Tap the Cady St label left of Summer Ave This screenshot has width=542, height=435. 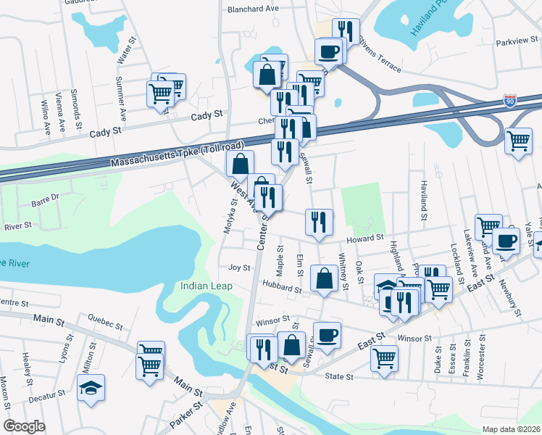(104, 133)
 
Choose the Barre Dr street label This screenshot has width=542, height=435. (46, 196)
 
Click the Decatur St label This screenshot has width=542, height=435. (47, 397)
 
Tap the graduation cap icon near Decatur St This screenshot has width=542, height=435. (91, 389)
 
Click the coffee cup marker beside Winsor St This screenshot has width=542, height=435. (328, 335)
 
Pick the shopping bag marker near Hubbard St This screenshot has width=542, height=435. (322, 278)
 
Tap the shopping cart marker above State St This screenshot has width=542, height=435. (384, 357)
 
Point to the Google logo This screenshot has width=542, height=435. (24, 426)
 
